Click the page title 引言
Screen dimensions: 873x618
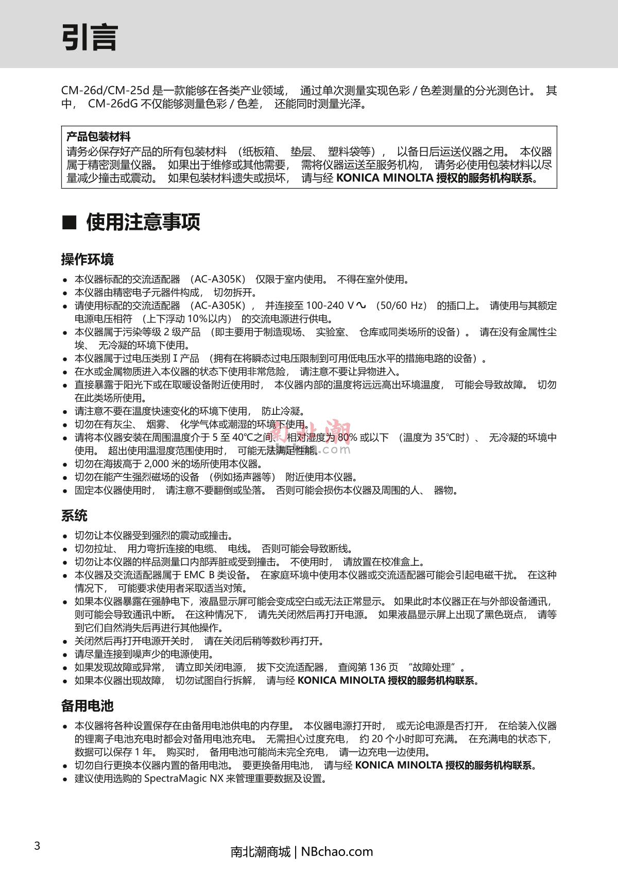pyautogui.click(x=90, y=37)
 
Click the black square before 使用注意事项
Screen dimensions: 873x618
pyautogui.click(x=69, y=223)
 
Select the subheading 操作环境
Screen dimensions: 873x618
pyautogui.click(x=87, y=259)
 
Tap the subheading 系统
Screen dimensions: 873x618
pyautogui.click(x=74, y=515)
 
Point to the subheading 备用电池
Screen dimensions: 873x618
pyautogui.click(x=87, y=706)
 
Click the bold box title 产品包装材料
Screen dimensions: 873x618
pyautogui.click(x=98, y=137)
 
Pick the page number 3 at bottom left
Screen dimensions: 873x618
pyautogui.click(x=37, y=846)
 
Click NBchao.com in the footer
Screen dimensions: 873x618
pyautogui.click(x=337, y=851)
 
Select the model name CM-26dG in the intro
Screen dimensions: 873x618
pyautogui.click(x=113, y=104)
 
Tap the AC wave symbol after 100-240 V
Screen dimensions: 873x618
pyautogui.click(x=361, y=305)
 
